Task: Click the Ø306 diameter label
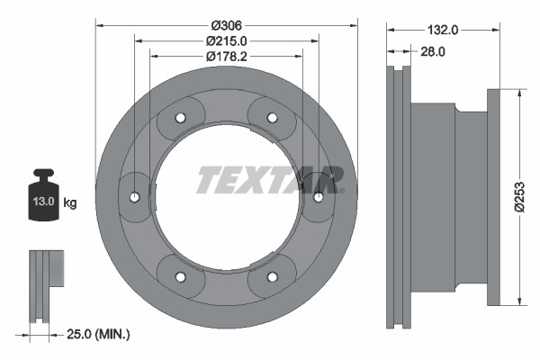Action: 226,24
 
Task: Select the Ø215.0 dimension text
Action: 226,40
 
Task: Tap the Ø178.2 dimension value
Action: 226,57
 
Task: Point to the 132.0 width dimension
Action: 444,30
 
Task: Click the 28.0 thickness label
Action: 434,52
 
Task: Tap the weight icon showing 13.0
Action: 42,201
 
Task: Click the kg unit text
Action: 70,202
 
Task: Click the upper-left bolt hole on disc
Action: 179,118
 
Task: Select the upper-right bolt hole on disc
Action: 273,118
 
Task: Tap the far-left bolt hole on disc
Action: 134,196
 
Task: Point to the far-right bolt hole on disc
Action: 318,196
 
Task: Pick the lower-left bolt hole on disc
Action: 179,275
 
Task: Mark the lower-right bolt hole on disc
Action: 273,275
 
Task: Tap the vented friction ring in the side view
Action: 398,196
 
